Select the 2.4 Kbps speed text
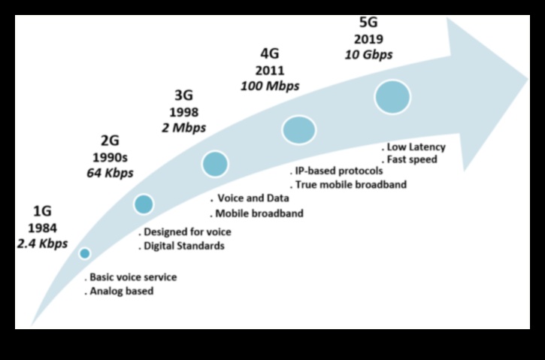pyautogui.click(x=43, y=244)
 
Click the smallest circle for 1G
pyautogui.click(x=84, y=253)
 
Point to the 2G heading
pyautogui.click(x=110, y=141)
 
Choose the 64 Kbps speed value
pyautogui.click(x=111, y=174)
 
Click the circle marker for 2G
pyautogui.click(x=144, y=204)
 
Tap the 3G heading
pyautogui.click(x=183, y=95)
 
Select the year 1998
pyautogui.click(x=183, y=111)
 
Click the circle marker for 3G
pyautogui.click(x=215, y=164)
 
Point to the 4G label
pyautogui.click(x=269, y=54)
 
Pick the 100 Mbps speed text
pyautogui.click(x=270, y=86)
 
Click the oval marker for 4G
pyautogui.click(x=298, y=129)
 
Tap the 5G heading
pyautogui.click(x=368, y=22)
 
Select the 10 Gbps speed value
pyautogui.click(x=368, y=55)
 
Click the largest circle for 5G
pyautogui.click(x=392, y=97)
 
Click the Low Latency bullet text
pyautogui.click(x=416, y=147)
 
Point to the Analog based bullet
pyautogui.click(x=121, y=291)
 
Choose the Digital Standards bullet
pyautogui.click(x=184, y=246)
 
